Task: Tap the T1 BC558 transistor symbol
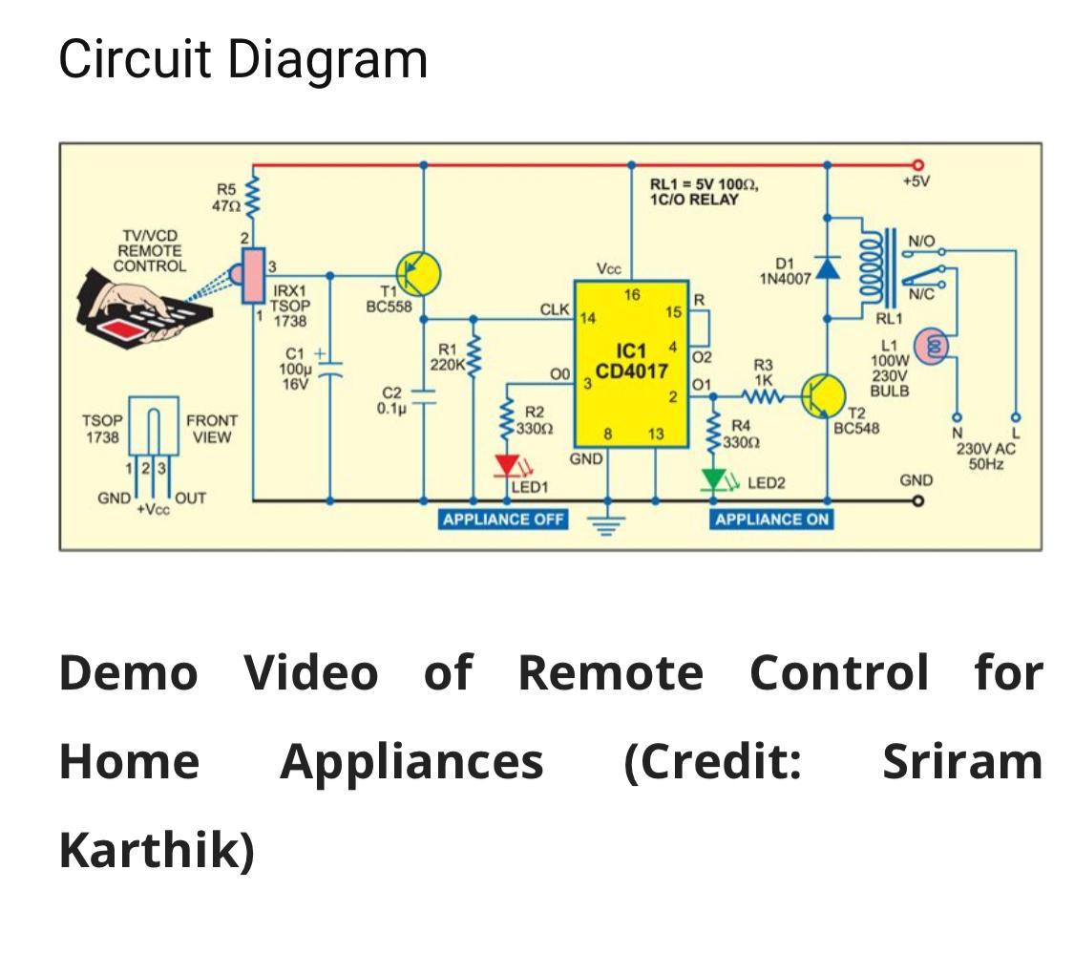coord(418,274)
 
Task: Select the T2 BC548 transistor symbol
coord(822,395)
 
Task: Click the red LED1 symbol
coord(506,466)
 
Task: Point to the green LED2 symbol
coord(712,479)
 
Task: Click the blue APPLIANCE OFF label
coord(503,519)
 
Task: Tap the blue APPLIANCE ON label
coord(771,519)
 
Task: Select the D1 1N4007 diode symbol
coord(827,268)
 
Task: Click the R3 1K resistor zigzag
coord(763,395)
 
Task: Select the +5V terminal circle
coord(918,165)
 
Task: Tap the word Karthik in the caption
coord(156,850)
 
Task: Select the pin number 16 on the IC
coord(632,295)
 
